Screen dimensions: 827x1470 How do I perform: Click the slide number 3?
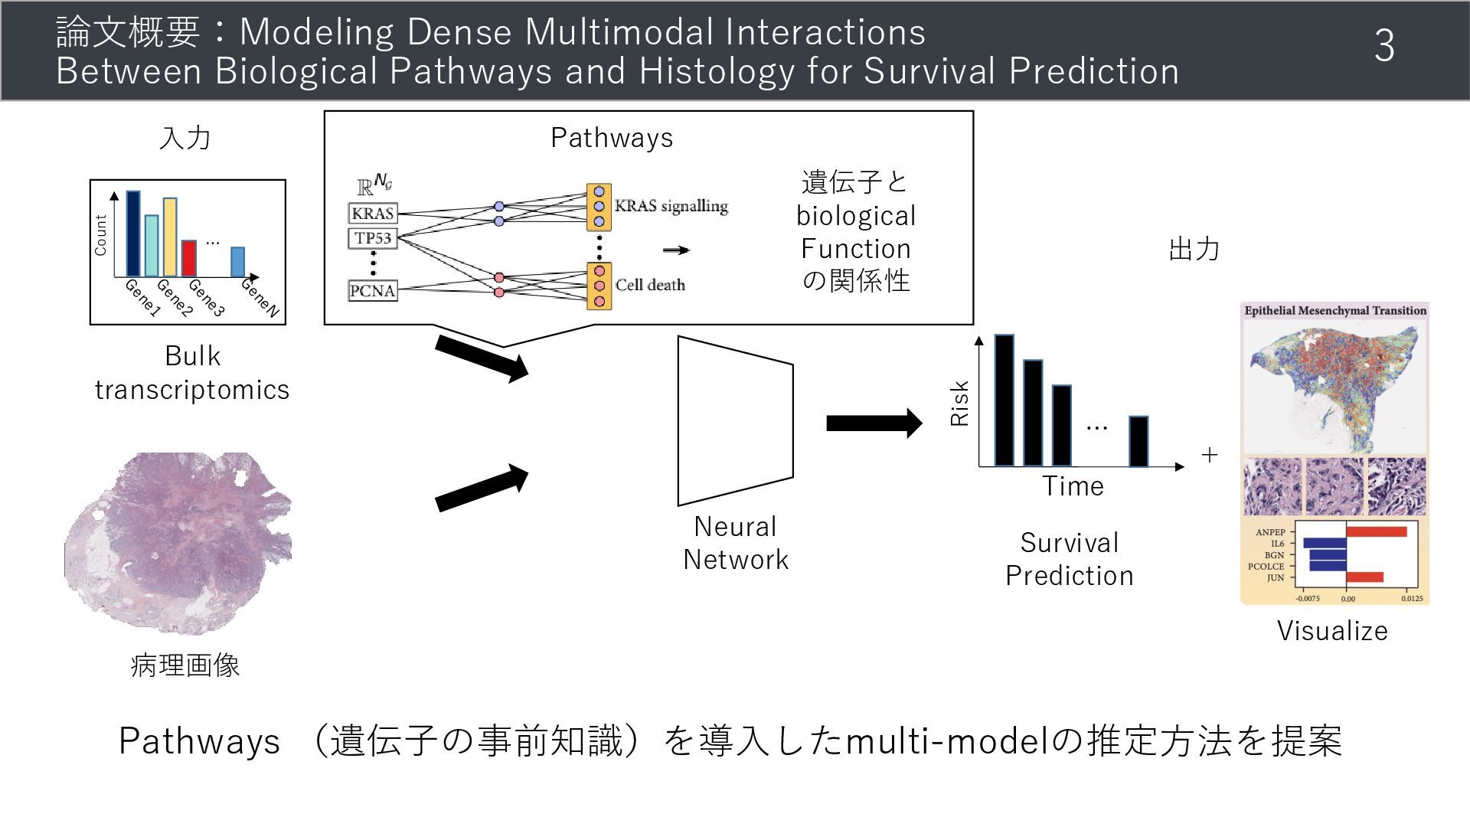[1383, 46]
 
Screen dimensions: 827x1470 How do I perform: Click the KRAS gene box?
[373, 213]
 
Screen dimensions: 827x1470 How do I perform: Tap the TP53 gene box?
[373, 238]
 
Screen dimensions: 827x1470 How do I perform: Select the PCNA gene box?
[373, 291]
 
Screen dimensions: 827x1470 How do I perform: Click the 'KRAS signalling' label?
[671, 206]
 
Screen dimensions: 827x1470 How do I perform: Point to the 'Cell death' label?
[650, 285]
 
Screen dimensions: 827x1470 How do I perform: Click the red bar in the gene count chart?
[189, 258]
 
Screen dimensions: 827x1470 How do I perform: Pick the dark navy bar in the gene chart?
[133, 234]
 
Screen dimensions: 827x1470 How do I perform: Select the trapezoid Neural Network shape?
[735, 420]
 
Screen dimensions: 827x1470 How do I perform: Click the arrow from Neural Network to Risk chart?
[874, 423]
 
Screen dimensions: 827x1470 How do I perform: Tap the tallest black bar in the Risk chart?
[1004, 400]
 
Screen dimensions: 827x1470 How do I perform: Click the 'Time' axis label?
[1073, 486]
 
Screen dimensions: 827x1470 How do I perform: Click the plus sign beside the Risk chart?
[1210, 455]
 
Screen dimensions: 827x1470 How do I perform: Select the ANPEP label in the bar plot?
[1270, 532]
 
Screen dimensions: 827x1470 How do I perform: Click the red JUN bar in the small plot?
[1364, 577]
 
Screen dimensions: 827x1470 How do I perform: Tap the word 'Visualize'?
[1332, 631]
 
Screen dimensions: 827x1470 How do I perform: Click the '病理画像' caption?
[185, 665]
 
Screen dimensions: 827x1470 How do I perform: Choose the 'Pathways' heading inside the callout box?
[612, 138]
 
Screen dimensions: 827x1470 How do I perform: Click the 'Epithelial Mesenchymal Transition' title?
[1335, 311]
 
